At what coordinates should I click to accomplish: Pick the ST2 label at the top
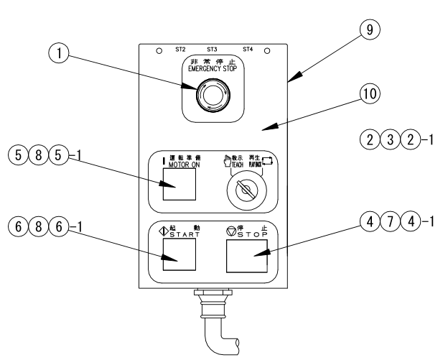pos(180,50)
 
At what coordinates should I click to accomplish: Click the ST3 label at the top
pos(212,50)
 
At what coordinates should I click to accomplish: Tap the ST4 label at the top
pos(247,50)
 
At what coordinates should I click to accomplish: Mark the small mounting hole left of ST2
pos(159,51)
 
